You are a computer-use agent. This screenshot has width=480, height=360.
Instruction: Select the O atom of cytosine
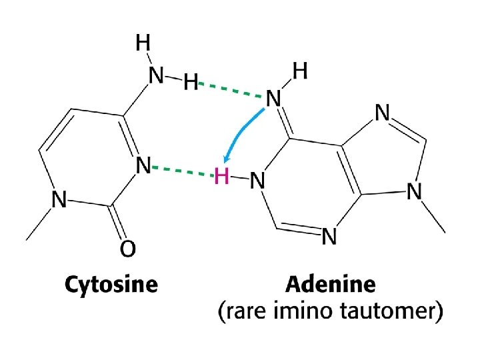[128, 249]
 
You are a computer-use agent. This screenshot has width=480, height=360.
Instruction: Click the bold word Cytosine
[111, 285]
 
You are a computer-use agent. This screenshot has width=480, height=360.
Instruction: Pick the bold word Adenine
[331, 285]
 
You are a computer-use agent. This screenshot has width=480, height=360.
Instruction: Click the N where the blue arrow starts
[274, 99]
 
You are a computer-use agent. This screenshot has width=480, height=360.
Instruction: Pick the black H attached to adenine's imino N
[301, 71]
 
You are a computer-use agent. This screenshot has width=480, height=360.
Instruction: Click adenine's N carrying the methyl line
[414, 192]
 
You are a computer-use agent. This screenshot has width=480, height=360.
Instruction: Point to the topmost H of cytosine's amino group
[143, 43]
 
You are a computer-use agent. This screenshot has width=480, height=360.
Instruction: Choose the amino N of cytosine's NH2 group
[156, 77]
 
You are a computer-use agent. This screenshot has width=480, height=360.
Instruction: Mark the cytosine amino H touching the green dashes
[191, 83]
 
